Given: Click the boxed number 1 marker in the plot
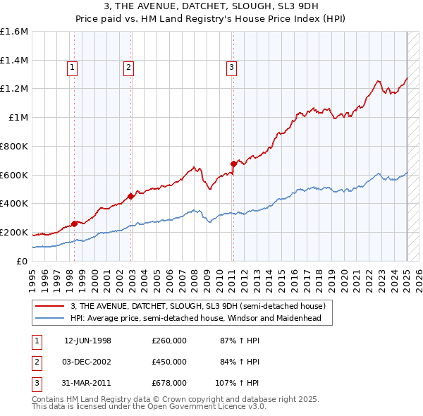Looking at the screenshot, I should click(73, 68).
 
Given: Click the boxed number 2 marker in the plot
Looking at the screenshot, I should click(129, 68).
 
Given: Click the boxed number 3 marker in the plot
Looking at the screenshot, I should click(231, 68).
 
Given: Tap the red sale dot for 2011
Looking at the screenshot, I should click(233, 164).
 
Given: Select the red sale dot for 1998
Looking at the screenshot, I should click(75, 224).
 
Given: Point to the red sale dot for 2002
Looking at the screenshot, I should click(130, 196).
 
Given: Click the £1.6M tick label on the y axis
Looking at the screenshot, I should click(14, 32).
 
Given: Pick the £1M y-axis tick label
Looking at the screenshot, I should click(18, 118).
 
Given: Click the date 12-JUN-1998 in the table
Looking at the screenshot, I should click(87, 341).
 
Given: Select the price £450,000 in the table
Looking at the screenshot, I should click(169, 362).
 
